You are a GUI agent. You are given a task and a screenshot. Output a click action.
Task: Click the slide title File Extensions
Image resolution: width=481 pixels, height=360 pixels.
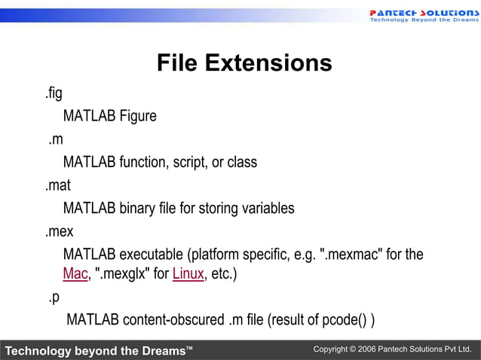[244, 63]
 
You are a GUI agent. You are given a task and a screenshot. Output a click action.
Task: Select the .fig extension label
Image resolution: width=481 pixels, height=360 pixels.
[52, 94]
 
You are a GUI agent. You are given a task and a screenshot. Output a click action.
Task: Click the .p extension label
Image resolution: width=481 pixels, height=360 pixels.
[54, 297]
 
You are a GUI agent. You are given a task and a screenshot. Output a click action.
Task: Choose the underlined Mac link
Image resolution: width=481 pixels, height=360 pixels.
[75, 274]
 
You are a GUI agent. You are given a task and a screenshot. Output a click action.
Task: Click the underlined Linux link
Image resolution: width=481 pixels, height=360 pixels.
[188, 274]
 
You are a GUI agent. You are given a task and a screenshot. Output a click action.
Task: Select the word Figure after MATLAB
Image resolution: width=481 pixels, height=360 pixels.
[138, 117]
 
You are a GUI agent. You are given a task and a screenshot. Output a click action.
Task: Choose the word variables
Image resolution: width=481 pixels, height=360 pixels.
[268, 208]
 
